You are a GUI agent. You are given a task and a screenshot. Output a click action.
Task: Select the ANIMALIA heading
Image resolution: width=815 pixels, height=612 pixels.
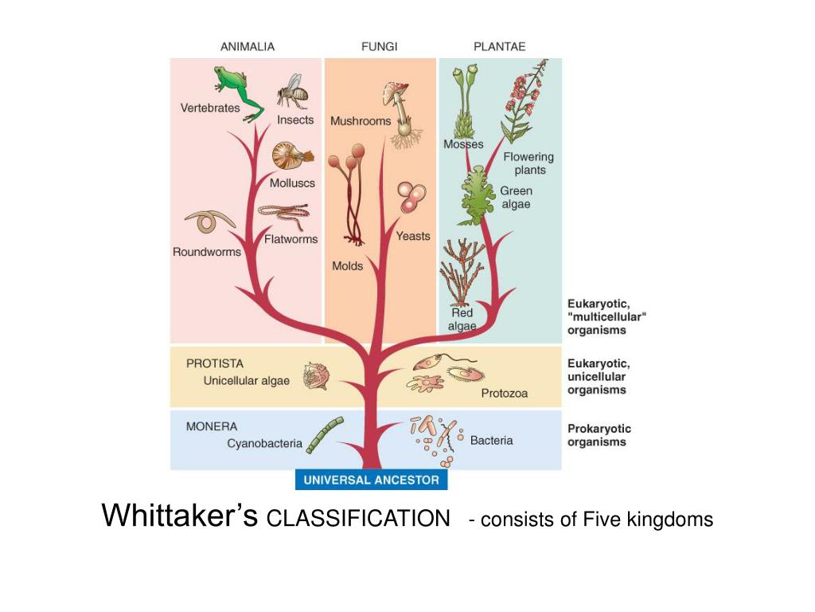point(248,46)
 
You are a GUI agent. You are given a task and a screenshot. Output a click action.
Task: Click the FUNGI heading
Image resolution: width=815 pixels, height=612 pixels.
point(380,46)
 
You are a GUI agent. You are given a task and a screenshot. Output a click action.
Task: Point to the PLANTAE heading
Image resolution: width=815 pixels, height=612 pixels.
point(500,46)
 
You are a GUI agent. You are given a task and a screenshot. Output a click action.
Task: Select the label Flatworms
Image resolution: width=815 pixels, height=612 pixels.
point(291,238)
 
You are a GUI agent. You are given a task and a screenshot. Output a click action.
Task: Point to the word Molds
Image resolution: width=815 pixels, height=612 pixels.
point(347,265)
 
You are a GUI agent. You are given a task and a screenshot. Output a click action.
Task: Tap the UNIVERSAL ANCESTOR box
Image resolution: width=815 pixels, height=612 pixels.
point(371,480)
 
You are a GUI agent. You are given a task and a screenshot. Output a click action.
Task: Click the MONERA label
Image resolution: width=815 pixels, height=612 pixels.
point(212,426)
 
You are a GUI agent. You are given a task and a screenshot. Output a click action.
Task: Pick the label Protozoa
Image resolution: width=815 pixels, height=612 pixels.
point(504,393)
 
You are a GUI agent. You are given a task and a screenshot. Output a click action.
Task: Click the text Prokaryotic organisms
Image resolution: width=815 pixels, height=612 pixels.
point(597,435)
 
